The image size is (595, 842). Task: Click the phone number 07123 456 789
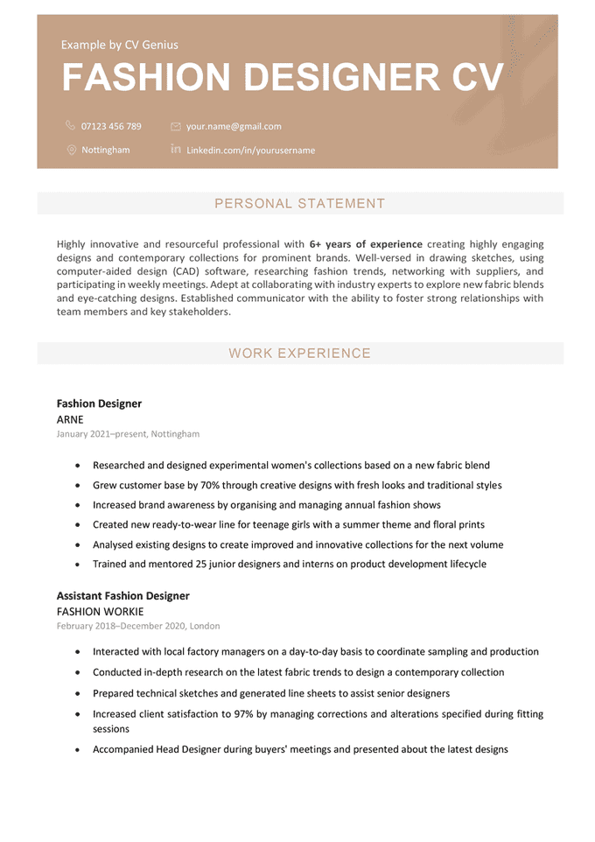pyautogui.click(x=110, y=126)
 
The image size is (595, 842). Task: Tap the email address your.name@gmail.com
pyautogui.click(x=234, y=126)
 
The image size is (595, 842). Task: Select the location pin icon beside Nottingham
pyautogui.click(x=71, y=150)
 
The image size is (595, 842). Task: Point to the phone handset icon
pyautogui.click(x=71, y=126)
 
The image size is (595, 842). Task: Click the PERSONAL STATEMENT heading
pyautogui.click(x=299, y=204)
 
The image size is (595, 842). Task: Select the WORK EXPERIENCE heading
pyautogui.click(x=299, y=354)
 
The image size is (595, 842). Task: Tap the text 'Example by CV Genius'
pyautogui.click(x=119, y=45)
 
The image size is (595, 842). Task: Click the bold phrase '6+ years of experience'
pyautogui.click(x=366, y=244)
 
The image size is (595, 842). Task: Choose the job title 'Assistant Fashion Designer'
pyautogui.click(x=122, y=596)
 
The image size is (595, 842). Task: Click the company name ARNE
pyautogui.click(x=70, y=419)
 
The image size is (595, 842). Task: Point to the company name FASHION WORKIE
pyautogui.click(x=100, y=612)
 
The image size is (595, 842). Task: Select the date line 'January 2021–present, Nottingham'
pyautogui.click(x=128, y=434)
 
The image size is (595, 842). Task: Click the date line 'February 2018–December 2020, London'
pyautogui.click(x=138, y=627)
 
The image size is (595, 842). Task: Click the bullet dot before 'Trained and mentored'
pyautogui.click(x=79, y=565)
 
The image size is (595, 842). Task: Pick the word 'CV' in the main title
pyautogui.click(x=478, y=78)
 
